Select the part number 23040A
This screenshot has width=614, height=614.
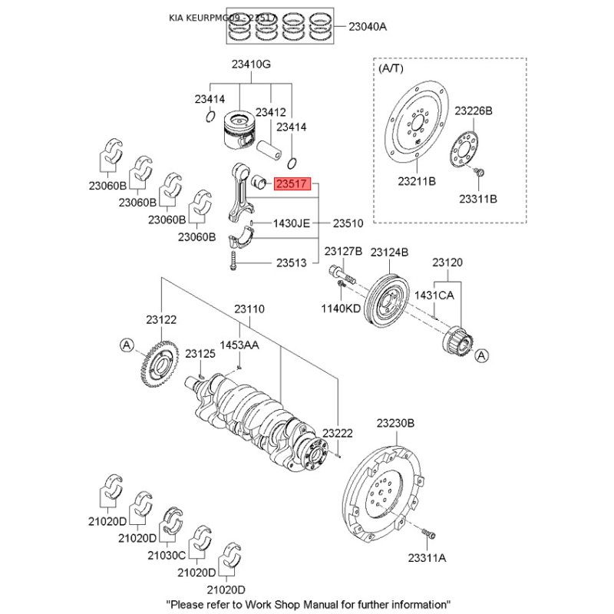click(x=368, y=27)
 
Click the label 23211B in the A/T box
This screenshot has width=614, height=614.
click(x=417, y=182)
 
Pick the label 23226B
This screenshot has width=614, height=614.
click(x=473, y=111)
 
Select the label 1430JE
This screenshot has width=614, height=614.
click(x=292, y=223)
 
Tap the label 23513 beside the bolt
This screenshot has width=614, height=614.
click(x=292, y=262)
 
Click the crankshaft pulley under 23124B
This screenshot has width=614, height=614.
click(x=388, y=299)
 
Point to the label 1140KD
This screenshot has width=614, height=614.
click(x=341, y=308)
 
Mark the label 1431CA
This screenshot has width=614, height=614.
click(x=434, y=295)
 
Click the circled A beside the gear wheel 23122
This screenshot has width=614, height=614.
click(x=126, y=347)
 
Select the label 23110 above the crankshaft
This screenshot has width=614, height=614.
click(x=249, y=309)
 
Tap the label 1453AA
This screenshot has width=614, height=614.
click(x=240, y=346)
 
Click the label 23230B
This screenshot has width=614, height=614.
click(x=395, y=423)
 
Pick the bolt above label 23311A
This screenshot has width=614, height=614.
click(x=429, y=532)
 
